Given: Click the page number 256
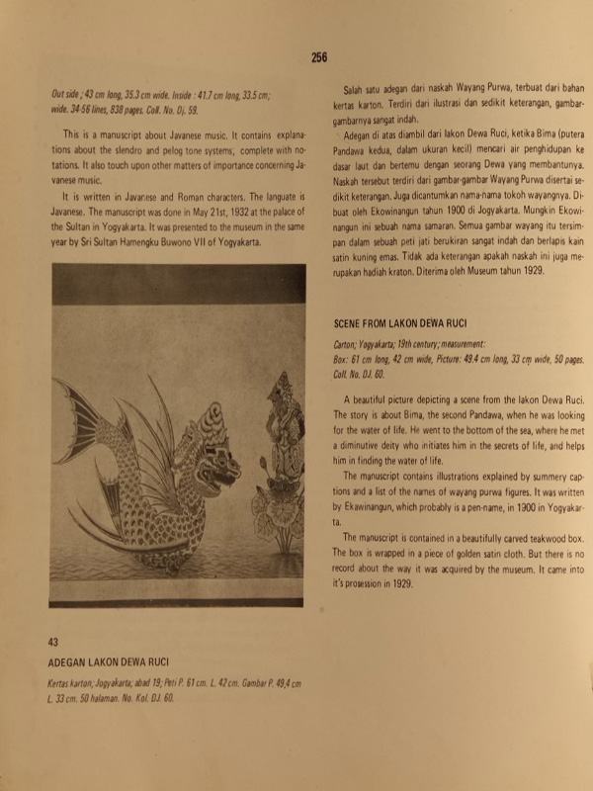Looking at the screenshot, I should [x=318, y=57].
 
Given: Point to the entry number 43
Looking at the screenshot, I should [x=53, y=644].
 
